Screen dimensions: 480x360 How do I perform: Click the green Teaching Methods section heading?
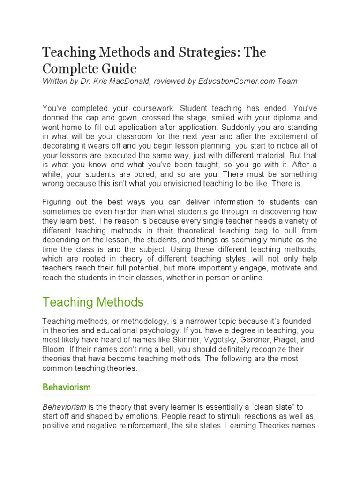(x=93, y=302)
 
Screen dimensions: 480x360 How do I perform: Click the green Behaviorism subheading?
(x=66, y=387)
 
